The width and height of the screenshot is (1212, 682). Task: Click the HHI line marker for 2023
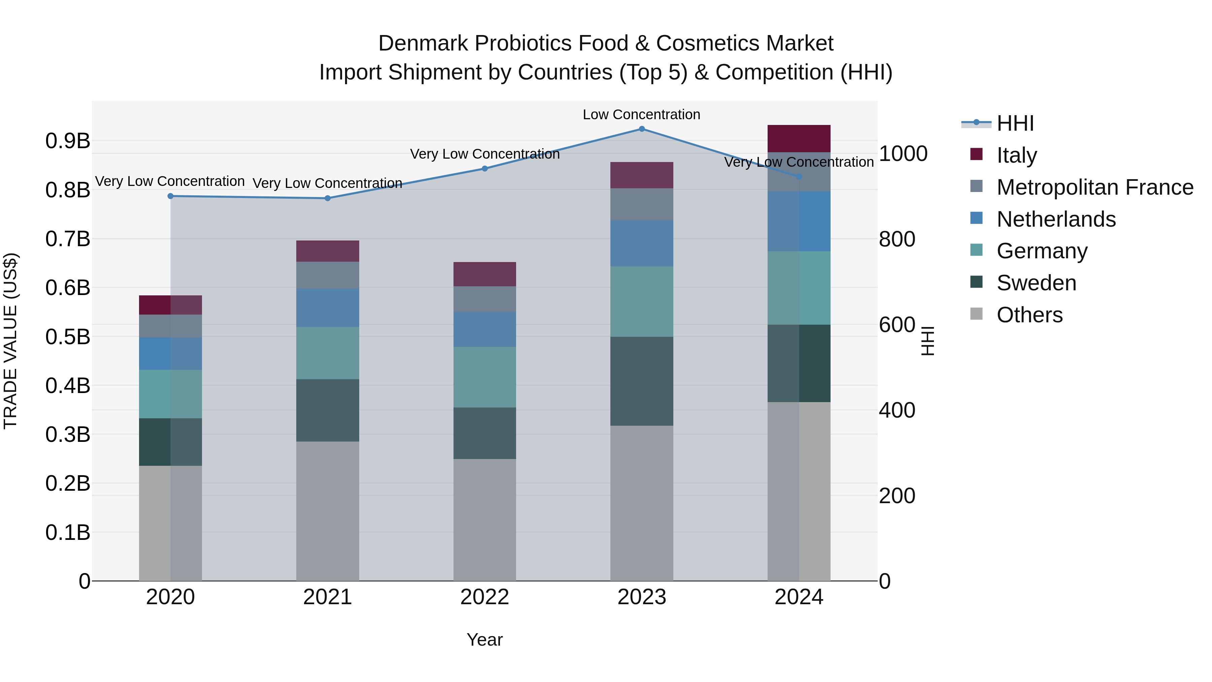coord(642,129)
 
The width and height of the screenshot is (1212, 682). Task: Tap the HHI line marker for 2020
coord(170,196)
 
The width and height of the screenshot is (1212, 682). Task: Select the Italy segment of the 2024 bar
coord(799,139)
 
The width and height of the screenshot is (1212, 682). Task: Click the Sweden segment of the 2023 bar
coord(642,381)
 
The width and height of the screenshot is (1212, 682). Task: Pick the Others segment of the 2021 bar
coord(328,511)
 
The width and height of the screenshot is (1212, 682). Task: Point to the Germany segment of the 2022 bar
coord(484,377)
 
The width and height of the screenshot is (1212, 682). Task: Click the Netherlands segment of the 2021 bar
coord(328,308)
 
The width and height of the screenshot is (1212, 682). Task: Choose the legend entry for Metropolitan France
coord(1095,187)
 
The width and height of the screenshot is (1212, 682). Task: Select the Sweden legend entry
coord(1036,283)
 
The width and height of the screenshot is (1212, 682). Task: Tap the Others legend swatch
coord(976,314)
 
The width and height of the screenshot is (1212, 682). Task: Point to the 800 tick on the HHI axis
coord(897,239)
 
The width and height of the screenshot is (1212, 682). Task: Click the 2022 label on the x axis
coord(484,597)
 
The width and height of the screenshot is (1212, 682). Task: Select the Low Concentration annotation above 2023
coord(641,115)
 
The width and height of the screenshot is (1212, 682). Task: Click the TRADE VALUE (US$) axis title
coord(10,341)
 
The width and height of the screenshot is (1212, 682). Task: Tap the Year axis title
coord(484,640)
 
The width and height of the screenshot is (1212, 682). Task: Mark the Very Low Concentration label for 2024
coord(799,162)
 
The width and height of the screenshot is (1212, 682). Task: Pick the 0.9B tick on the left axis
coord(68,141)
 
